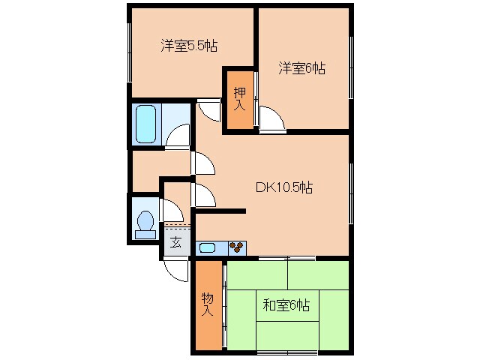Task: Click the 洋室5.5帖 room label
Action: point(188,46)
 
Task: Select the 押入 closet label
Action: point(239,100)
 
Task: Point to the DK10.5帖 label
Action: point(284,187)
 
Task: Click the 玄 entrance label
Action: point(175,241)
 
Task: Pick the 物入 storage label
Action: point(208,304)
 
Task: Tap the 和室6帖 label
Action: point(286,305)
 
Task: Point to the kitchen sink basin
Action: point(207,247)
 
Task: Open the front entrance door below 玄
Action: point(177,270)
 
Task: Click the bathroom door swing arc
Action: point(178,135)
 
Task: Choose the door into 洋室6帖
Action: point(271,118)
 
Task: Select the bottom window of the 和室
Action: point(286,351)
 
